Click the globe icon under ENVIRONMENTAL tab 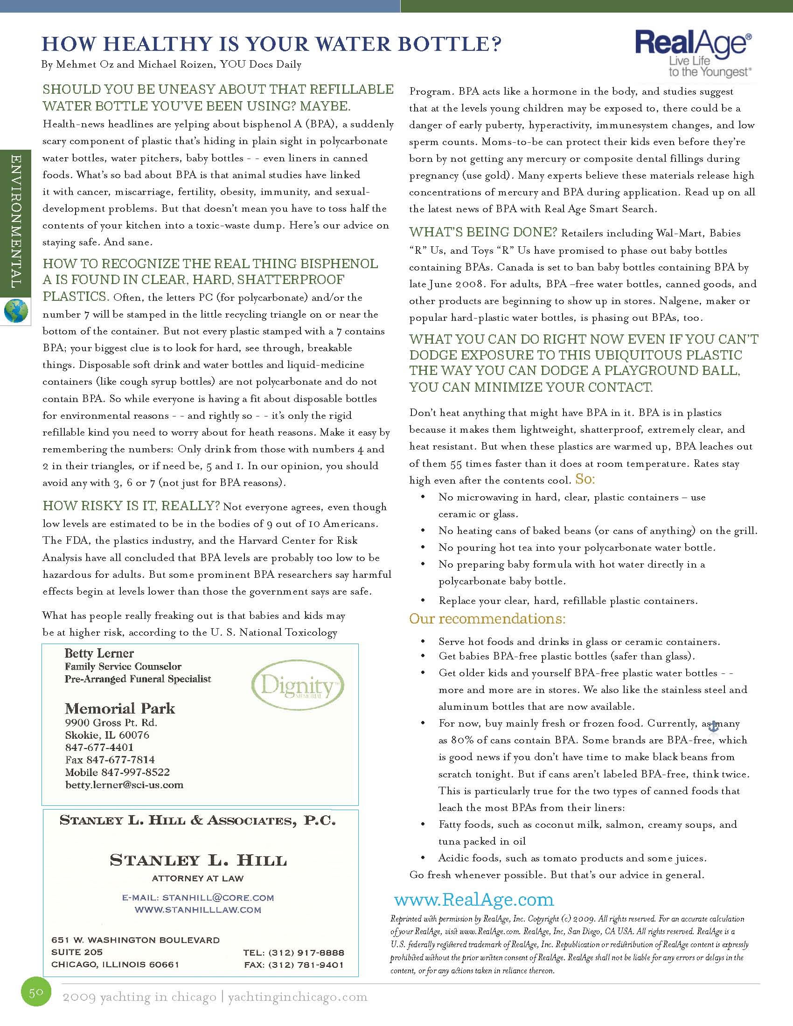click(x=16, y=311)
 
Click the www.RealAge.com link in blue click(x=474, y=900)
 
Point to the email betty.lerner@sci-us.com click(x=124, y=784)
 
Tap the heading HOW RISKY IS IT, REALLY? click(x=131, y=506)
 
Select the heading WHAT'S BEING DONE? click(x=483, y=232)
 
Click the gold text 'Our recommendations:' click(x=487, y=619)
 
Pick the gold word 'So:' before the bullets click(x=585, y=479)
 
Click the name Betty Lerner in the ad click(x=99, y=653)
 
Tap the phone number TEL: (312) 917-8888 click(x=293, y=953)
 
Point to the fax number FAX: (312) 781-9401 click(x=293, y=965)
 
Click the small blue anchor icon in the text click(x=713, y=726)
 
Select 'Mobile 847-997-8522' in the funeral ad click(x=117, y=772)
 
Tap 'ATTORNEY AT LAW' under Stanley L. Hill click(x=197, y=878)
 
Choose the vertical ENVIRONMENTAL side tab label click(x=15, y=221)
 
